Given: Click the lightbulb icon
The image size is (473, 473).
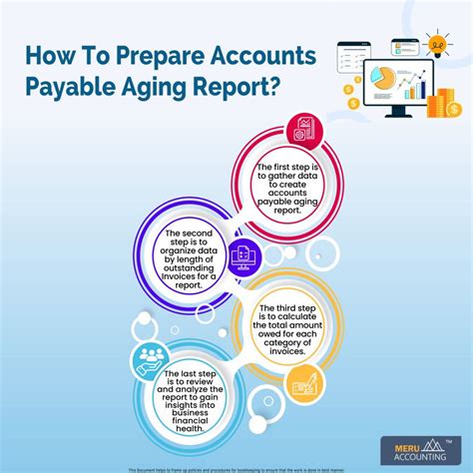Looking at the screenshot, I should (436, 43).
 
